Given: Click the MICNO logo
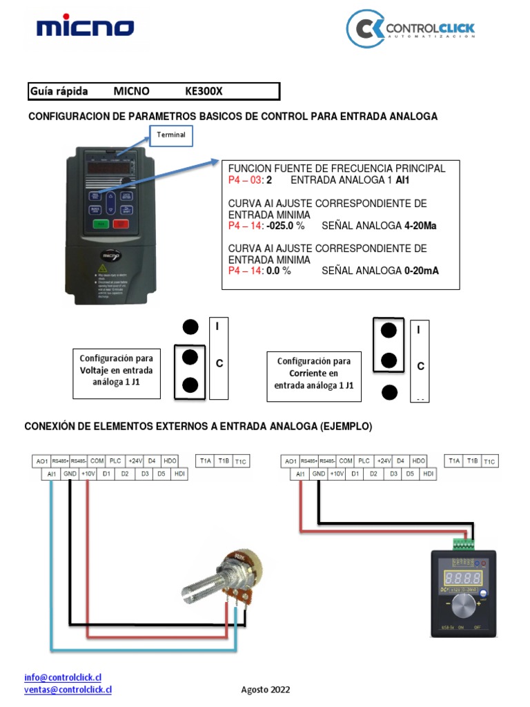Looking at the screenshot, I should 85,28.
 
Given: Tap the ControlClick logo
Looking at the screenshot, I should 410,30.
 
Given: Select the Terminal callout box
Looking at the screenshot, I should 171,135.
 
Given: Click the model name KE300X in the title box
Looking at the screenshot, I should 204,91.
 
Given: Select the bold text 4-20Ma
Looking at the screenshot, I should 420,226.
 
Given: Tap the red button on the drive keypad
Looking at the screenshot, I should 121,224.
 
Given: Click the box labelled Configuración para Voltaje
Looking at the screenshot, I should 117,374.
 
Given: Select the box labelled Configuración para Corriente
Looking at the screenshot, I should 314,374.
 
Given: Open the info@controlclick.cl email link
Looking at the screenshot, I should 57,678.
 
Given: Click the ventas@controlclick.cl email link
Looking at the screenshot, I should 68,689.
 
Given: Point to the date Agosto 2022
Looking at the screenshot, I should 266,690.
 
